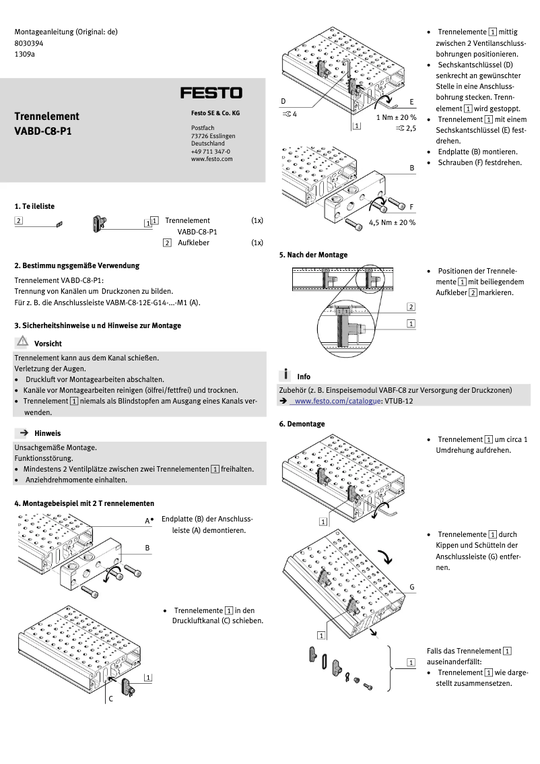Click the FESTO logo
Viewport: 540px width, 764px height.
(211, 93)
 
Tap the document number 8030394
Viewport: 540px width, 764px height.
(28, 42)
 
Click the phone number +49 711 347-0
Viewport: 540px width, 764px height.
(210, 152)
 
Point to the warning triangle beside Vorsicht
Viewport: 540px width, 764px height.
(24, 342)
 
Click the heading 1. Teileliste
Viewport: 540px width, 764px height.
(34, 206)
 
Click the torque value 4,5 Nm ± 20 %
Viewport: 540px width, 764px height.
(392, 222)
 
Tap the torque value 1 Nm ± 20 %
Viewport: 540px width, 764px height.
(396, 117)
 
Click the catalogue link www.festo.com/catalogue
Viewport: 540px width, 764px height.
(335, 401)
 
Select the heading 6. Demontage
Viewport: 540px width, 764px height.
(302, 424)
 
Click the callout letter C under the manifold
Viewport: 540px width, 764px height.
(110, 699)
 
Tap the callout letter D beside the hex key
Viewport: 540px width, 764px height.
(283, 102)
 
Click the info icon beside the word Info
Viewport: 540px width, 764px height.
(286, 375)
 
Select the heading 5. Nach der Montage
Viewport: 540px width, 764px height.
(313, 255)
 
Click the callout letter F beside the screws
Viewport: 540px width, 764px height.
(411, 206)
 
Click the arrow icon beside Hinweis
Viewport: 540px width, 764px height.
(24, 433)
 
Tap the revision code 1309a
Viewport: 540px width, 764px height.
(25, 54)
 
